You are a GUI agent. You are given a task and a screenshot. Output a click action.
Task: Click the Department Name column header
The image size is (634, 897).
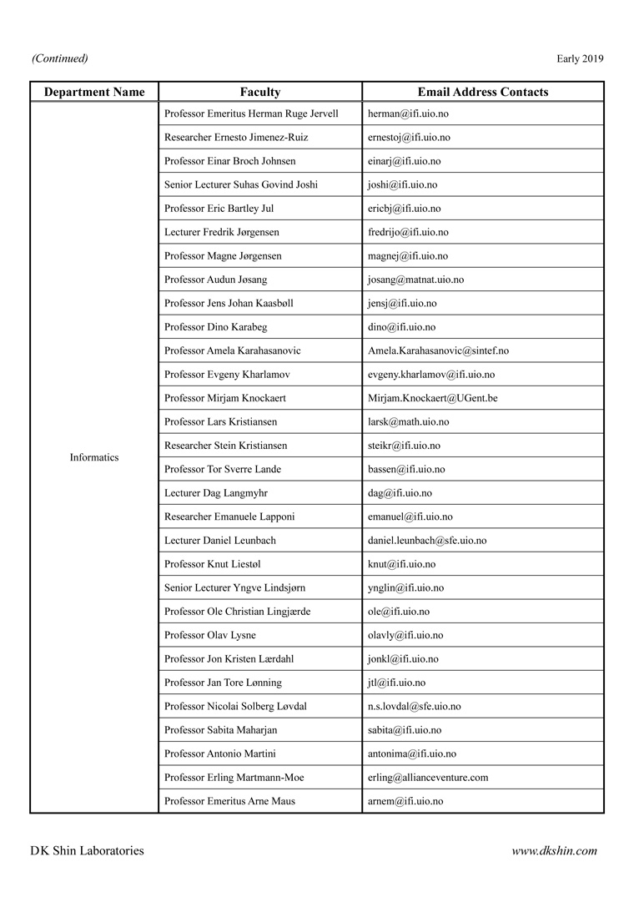click(94, 93)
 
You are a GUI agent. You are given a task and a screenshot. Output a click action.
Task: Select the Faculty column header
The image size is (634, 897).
click(260, 93)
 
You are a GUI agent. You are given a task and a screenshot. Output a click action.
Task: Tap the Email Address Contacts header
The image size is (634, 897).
click(483, 93)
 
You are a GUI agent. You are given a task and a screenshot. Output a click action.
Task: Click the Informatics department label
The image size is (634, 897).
click(94, 457)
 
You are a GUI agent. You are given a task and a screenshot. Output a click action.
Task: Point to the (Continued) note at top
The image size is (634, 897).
click(60, 58)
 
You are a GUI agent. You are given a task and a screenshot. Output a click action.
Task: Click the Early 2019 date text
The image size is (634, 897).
click(580, 58)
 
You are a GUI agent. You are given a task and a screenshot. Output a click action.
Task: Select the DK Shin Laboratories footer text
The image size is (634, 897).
click(87, 851)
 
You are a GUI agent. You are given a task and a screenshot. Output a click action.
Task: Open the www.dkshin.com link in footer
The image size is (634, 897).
click(554, 851)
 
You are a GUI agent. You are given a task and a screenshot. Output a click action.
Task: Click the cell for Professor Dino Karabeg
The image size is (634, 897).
click(214, 327)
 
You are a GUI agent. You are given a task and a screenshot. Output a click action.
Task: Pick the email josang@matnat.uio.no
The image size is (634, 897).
click(415, 280)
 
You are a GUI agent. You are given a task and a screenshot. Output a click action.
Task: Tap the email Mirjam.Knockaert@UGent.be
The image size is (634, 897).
click(432, 398)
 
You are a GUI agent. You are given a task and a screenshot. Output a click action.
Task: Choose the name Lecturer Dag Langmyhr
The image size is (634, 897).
click(216, 493)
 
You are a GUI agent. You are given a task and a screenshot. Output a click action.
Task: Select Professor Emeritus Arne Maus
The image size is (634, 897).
click(229, 801)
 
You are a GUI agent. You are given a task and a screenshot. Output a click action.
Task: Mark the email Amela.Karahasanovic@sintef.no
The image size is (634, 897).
click(438, 350)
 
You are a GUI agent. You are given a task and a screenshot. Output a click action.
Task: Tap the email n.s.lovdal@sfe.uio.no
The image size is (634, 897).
click(414, 706)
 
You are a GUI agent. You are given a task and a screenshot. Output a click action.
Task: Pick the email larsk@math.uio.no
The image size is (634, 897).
click(408, 422)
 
